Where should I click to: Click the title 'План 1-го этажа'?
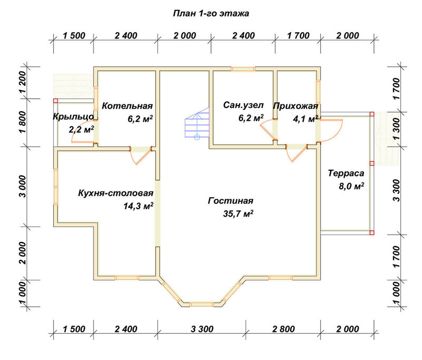210,14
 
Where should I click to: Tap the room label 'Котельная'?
127,105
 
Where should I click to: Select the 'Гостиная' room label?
231,201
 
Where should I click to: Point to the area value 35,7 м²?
238,214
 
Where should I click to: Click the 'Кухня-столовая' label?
116,193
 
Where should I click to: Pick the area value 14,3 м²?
138,206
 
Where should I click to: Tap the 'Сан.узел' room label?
243,105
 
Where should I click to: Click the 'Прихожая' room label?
295,106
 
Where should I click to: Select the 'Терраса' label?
346,173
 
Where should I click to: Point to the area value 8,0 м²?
351,186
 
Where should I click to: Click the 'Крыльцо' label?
73,116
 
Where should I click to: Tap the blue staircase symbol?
197,123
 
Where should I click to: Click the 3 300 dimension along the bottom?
202,329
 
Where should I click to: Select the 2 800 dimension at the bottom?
283,329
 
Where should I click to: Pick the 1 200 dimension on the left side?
23,82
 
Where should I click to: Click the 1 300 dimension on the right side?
397,130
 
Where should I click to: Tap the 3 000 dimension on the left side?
23,187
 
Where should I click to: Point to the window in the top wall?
243,69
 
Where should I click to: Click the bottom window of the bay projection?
202,304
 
